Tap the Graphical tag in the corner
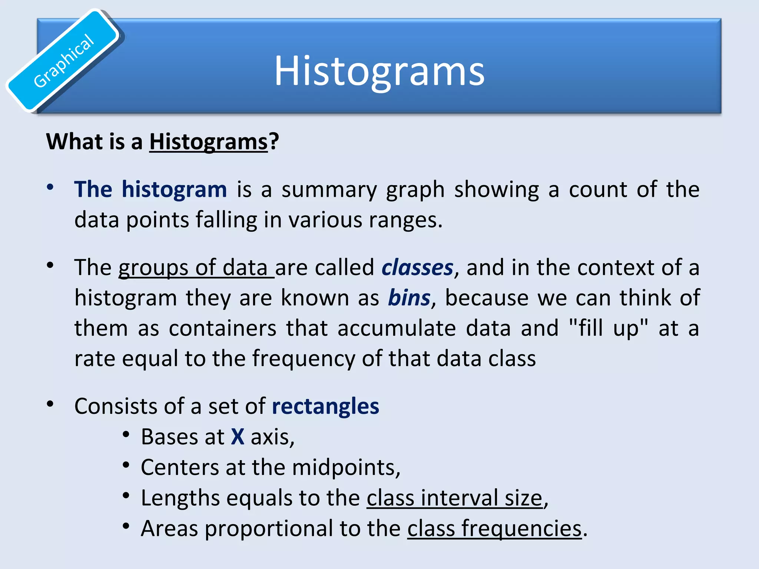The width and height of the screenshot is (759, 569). pyautogui.click(x=64, y=61)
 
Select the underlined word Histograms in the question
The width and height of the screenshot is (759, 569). pyautogui.click(x=208, y=142)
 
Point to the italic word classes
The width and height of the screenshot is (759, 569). pyautogui.click(x=417, y=267)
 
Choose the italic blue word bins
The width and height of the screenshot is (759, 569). pyautogui.click(x=409, y=298)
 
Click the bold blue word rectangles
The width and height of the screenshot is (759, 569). pyautogui.click(x=325, y=406)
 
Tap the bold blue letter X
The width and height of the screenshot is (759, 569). pyautogui.click(x=238, y=437)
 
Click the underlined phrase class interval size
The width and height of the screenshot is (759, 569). pyautogui.click(x=454, y=498)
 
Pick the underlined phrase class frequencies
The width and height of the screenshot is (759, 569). pyautogui.click(x=494, y=528)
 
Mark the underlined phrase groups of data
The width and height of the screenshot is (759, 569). pyautogui.click(x=196, y=267)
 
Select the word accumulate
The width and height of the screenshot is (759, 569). pyautogui.click(x=397, y=329)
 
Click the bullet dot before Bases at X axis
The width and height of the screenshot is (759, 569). pyautogui.click(x=126, y=435)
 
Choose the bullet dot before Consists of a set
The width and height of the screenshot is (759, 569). pyautogui.click(x=50, y=404)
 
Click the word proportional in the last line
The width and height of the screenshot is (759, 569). pyautogui.click(x=268, y=528)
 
